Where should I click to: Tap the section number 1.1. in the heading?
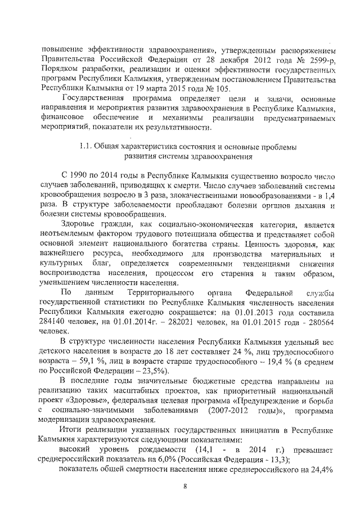click(88, 147)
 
